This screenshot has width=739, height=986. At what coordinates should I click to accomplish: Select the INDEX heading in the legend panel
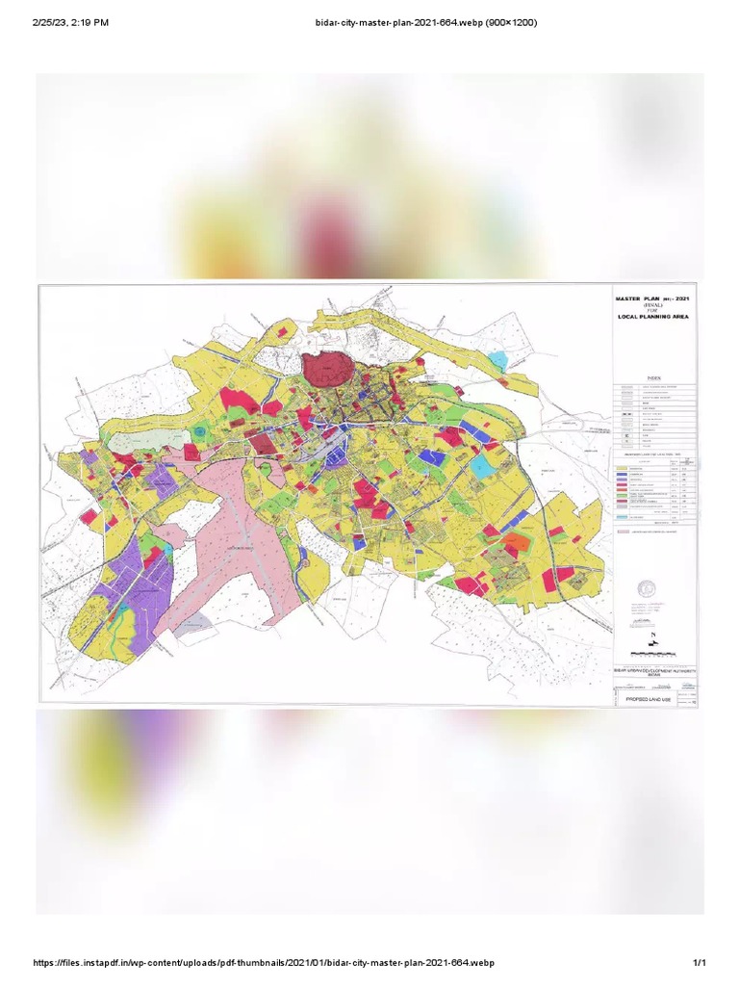(654, 379)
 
